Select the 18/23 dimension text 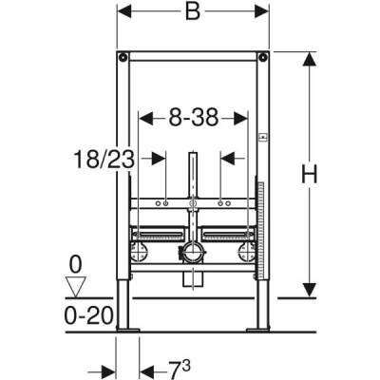[104, 159]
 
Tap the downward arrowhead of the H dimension [307, 293]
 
